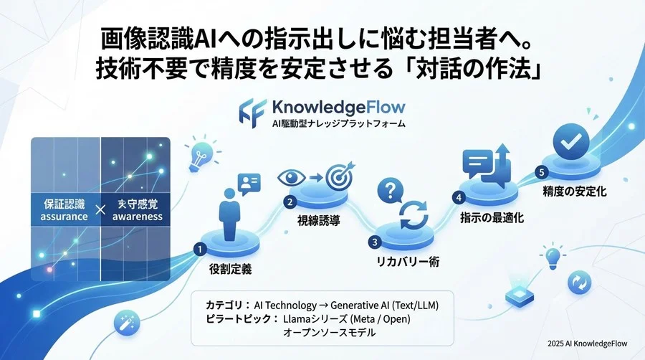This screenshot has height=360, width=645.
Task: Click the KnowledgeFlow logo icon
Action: tap(253, 111)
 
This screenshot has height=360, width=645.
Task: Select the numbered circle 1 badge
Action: tap(201, 248)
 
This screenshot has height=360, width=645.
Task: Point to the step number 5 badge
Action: tap(542, 172)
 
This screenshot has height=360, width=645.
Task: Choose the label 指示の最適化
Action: tap(491, 217)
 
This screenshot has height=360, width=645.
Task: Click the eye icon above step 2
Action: tap(295, 176)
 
